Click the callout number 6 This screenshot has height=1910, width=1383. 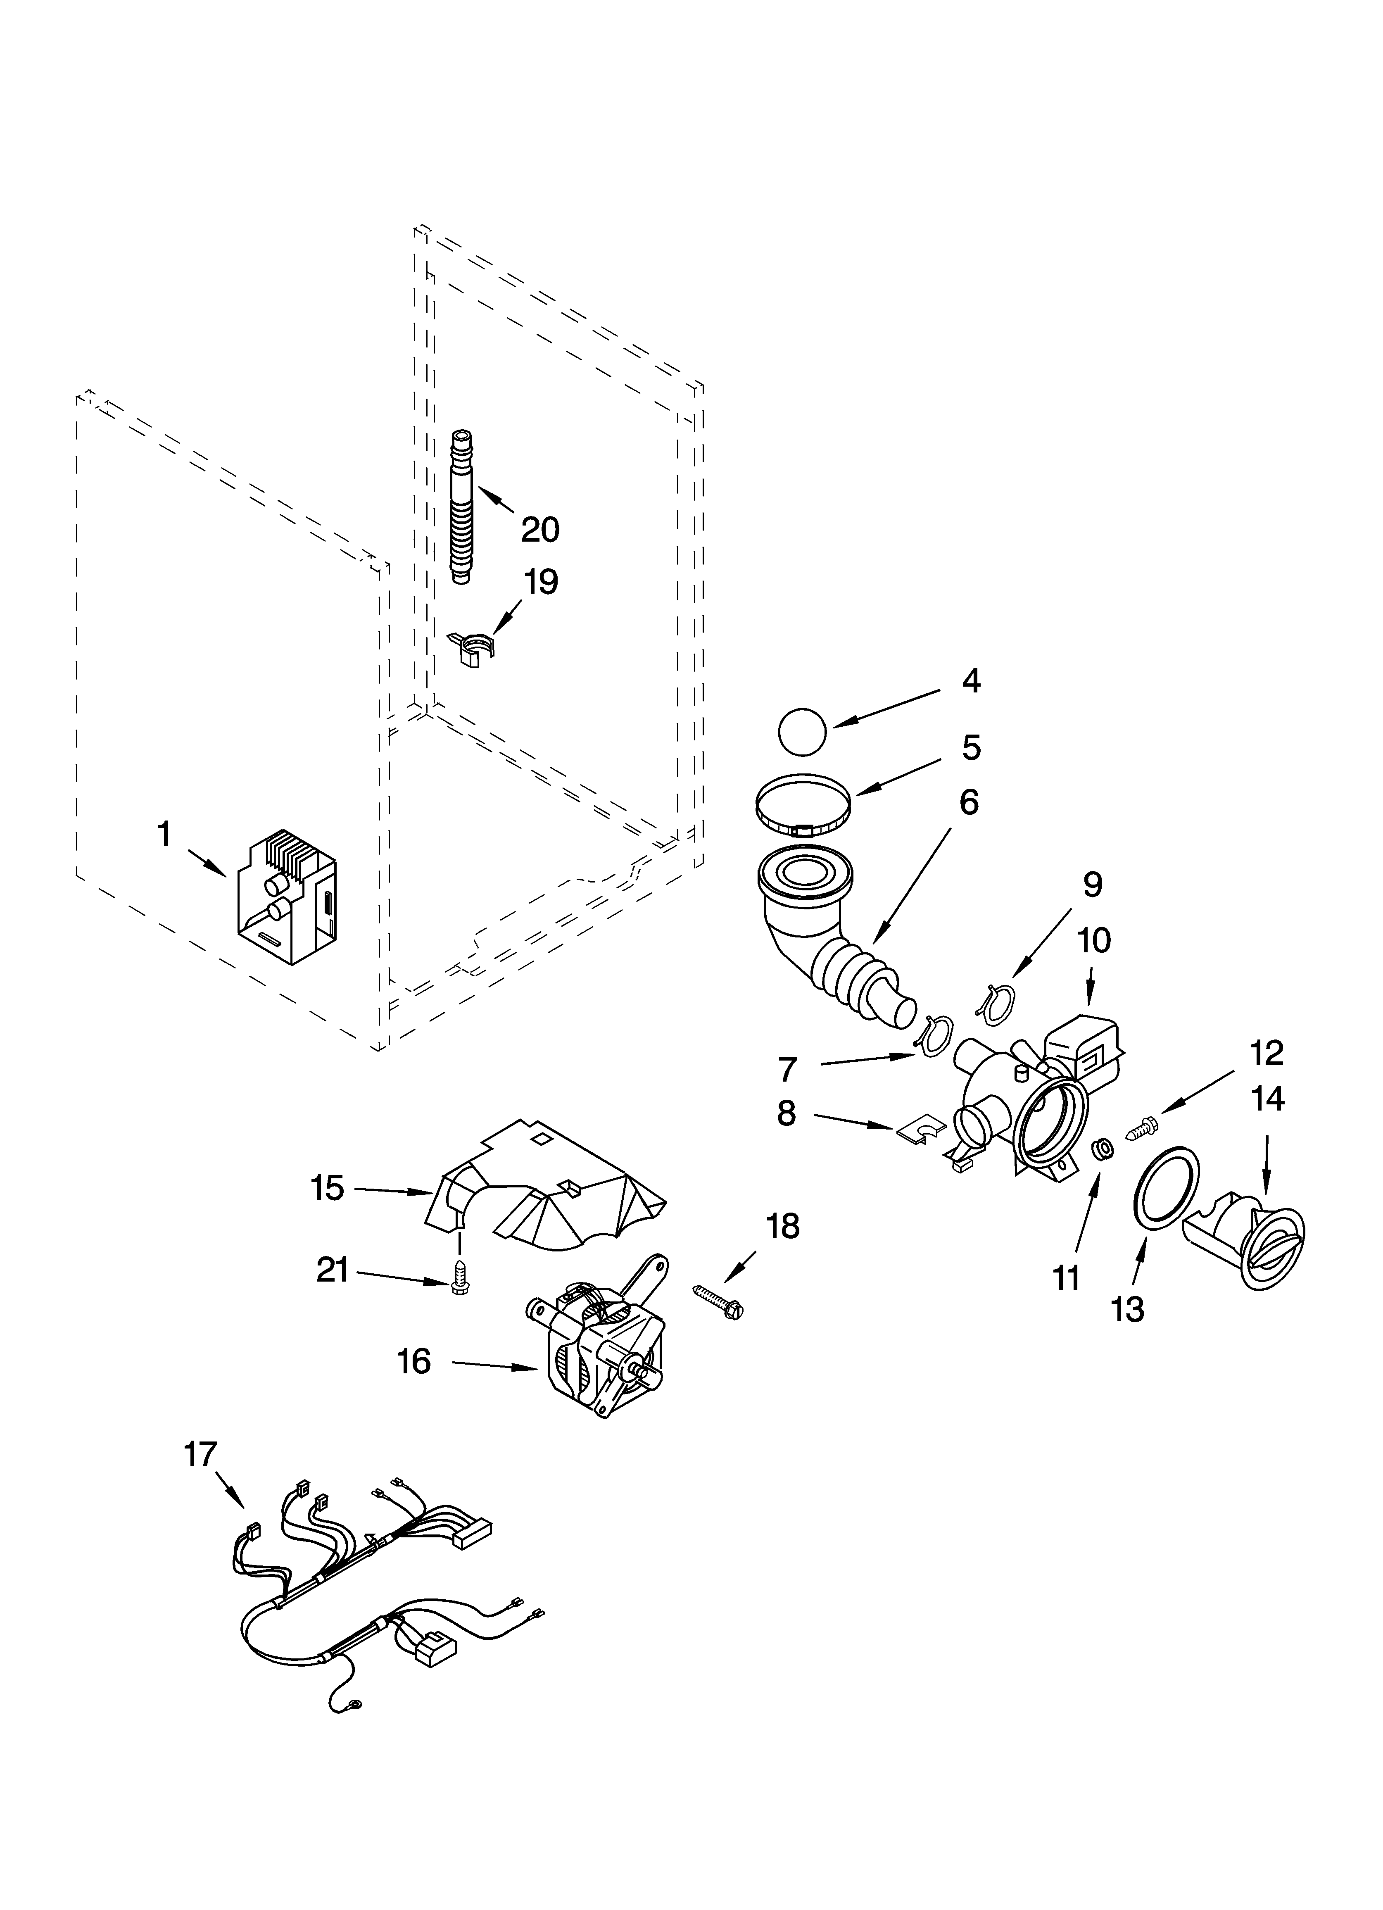point(969,803)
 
